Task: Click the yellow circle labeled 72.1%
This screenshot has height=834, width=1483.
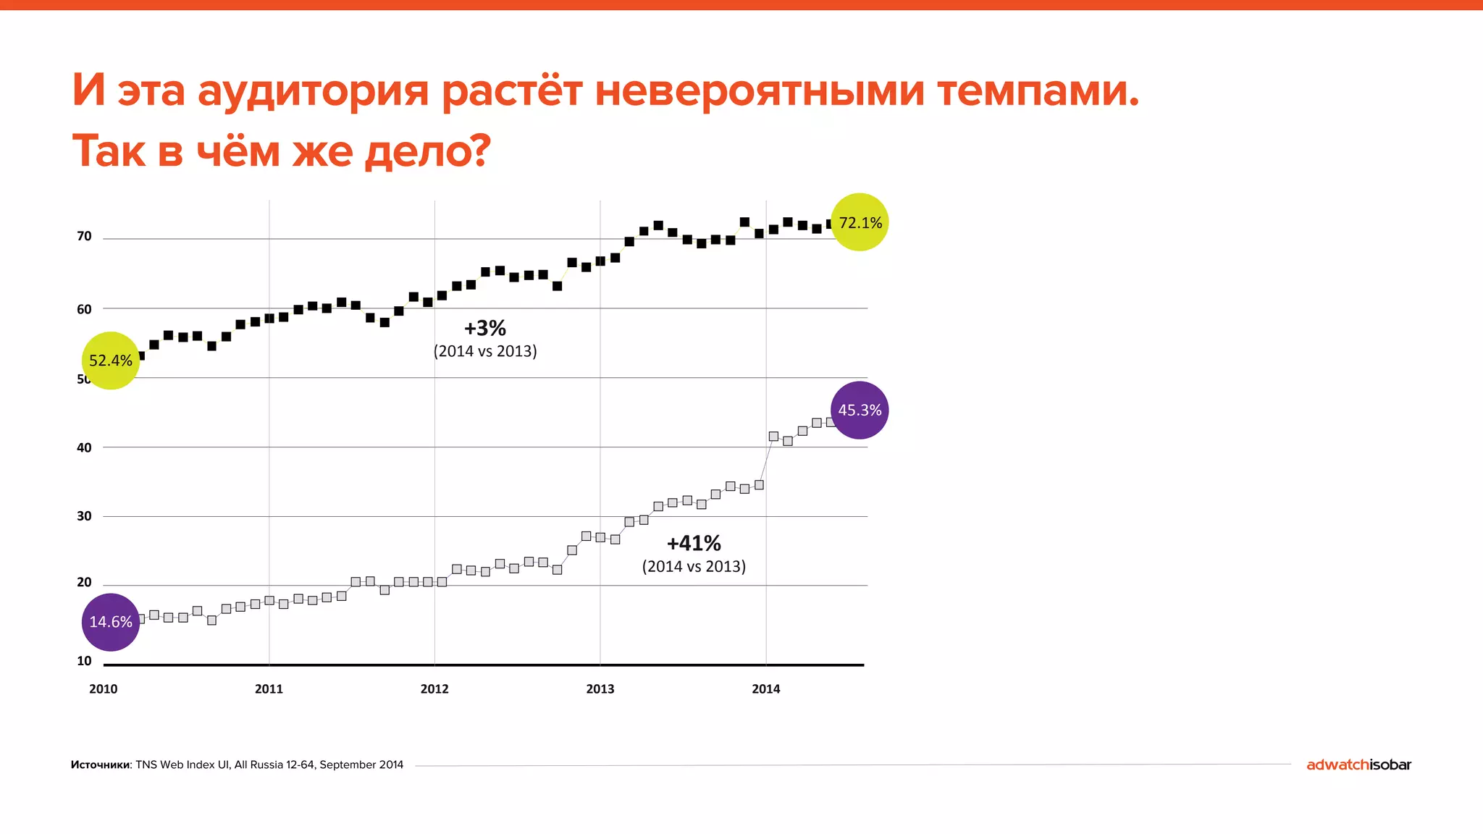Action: (860, 222)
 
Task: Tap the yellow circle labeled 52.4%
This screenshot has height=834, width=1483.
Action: (110, 361)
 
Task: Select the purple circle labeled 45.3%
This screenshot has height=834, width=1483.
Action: (860, 410)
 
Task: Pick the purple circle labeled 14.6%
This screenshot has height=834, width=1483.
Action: (110, 622)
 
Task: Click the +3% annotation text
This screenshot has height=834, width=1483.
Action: (485, 329)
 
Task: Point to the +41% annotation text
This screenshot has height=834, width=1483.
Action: (694, 543)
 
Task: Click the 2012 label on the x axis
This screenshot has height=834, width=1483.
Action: (434, 689)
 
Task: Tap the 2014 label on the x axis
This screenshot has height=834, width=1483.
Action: (765, 689)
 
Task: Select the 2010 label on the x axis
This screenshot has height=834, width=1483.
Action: (103, 689)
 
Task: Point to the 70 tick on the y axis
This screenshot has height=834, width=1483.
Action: (85, 237)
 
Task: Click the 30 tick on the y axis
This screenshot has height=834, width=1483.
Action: (85, 516)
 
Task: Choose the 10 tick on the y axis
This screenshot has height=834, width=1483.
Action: (85, 661)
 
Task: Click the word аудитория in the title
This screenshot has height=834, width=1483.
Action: (313, 93)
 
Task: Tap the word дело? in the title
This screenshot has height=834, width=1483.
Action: (427, 152)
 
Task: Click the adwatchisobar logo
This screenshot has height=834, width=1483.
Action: (1358, 764)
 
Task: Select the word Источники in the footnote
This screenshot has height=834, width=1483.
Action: (101, 764)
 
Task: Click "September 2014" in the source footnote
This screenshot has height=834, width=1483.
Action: (361, 764)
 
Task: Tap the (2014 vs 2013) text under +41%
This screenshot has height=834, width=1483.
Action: (694, 566)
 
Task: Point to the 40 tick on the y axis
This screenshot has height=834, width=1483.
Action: (85, 447)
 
